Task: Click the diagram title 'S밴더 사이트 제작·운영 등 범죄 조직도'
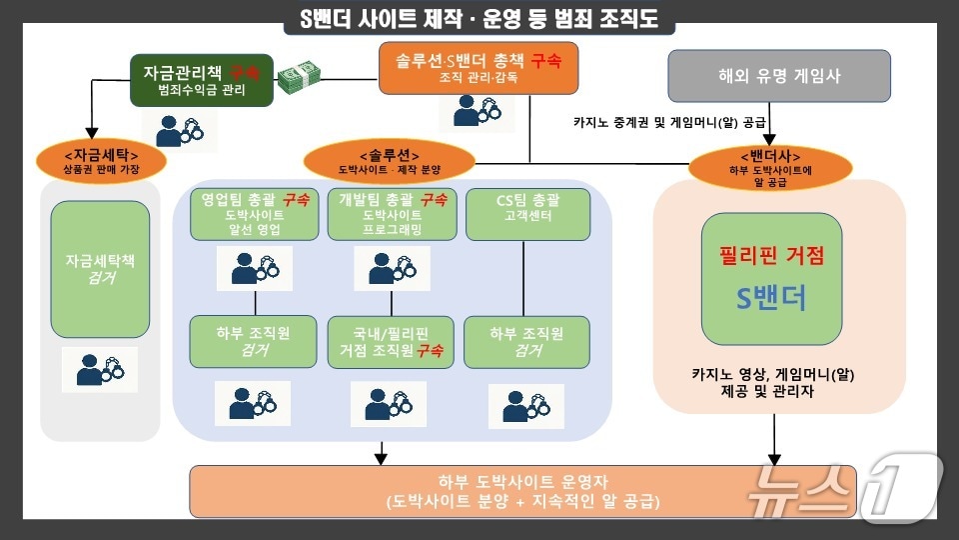click(479, 19)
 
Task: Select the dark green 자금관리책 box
click(201, 80)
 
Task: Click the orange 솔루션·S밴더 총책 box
click(471, 68)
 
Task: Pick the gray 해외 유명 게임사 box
click(778, 75)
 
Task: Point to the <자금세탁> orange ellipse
click(101, 161)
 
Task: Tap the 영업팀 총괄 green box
click(255, 214)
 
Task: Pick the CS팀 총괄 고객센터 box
click(526, 212)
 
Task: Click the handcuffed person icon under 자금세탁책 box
click(99, 370)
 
